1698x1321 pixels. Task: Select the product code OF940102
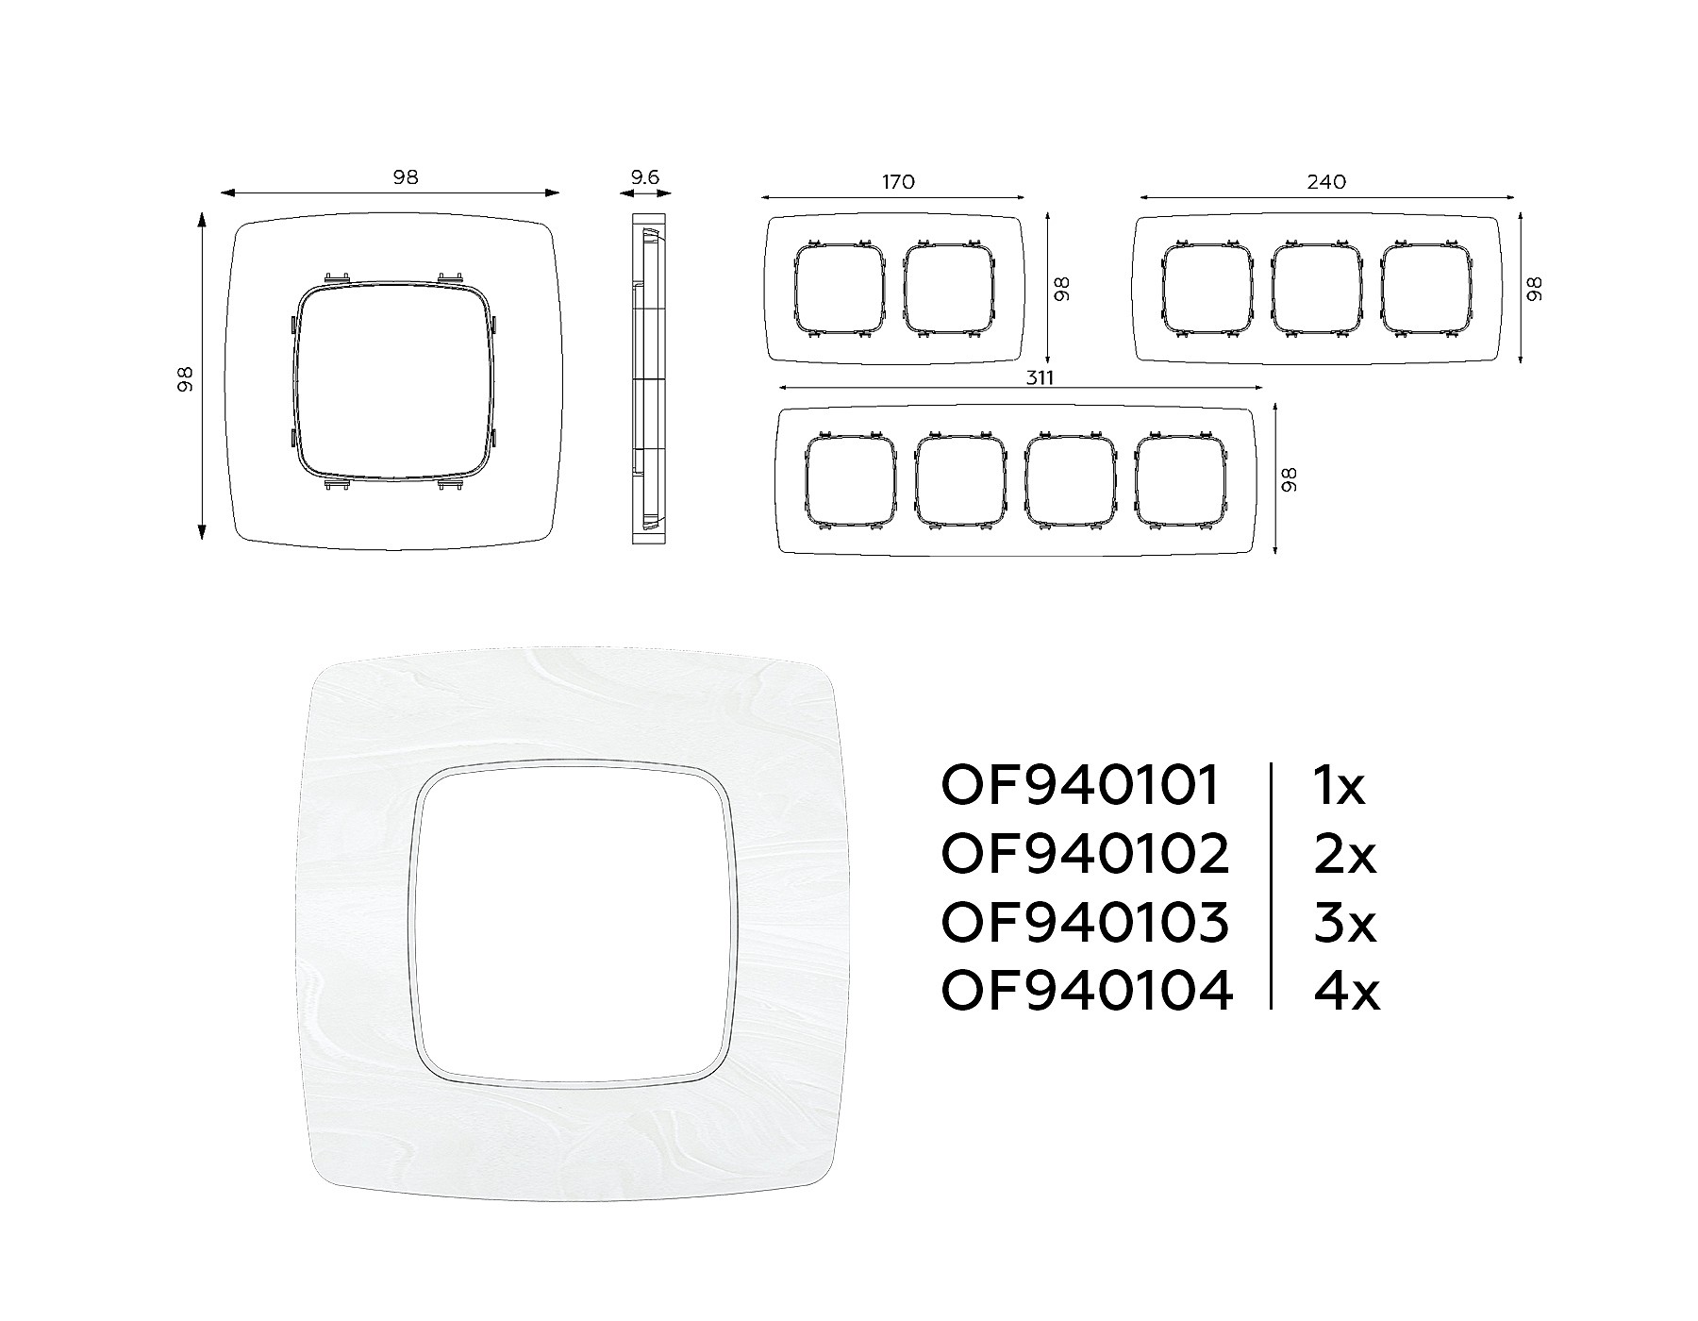[1086, 854]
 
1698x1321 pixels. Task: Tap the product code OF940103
[1086, 922]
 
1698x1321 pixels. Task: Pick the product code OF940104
[1087, 991]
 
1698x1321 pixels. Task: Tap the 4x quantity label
[1346, 991]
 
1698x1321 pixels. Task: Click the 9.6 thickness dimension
[644, 176]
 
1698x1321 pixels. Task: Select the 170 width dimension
[898, 181]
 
